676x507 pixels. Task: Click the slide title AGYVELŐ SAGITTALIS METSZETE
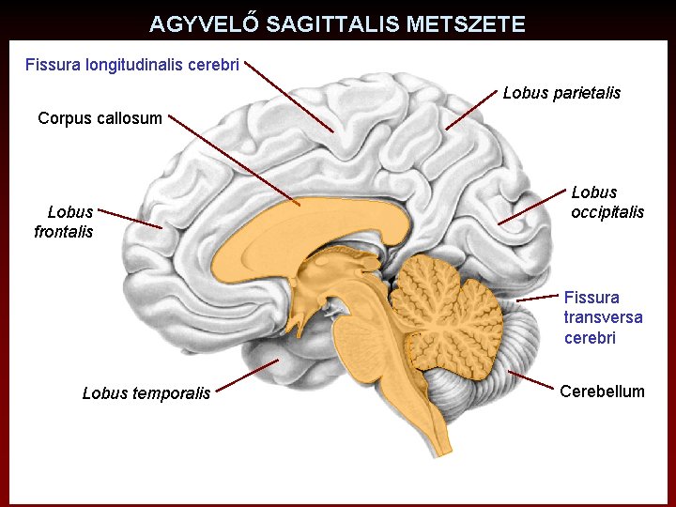point(337,24)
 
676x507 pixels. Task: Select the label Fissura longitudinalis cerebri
point(132,65)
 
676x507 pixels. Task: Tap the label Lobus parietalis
point(561,93)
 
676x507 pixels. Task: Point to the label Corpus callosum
point(100,118)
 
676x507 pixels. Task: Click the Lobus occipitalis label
point(607,202)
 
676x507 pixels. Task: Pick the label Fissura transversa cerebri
point(603,317)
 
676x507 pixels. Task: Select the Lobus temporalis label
point(146,393)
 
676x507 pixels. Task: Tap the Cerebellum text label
point(602,392)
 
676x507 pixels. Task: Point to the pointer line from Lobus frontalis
point(130,218)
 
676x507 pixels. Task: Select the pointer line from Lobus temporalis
point(247,376)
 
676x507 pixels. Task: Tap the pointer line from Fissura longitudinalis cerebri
point(291,100)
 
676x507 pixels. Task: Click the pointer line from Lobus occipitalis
point(530,208)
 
